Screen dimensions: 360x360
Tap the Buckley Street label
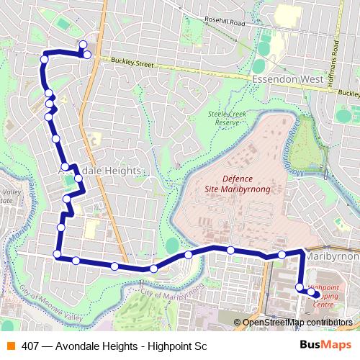click(x=133, y=64)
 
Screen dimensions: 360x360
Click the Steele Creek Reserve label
click(x=223, y=118)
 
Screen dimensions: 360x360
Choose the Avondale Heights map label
click(x=100, y=170)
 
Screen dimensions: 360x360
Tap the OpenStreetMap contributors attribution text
click(x=297, y=323)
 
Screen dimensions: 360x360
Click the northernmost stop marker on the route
click(x=83, y=45)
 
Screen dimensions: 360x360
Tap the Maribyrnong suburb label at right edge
click(x=333, y=256)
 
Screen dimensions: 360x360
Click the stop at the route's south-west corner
click(x=57, y=253)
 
